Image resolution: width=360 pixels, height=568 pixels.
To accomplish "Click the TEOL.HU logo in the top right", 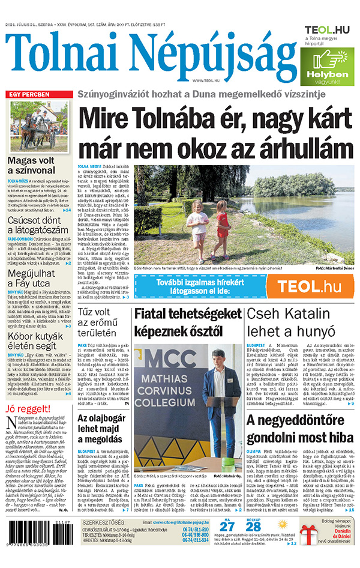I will (327, 29).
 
